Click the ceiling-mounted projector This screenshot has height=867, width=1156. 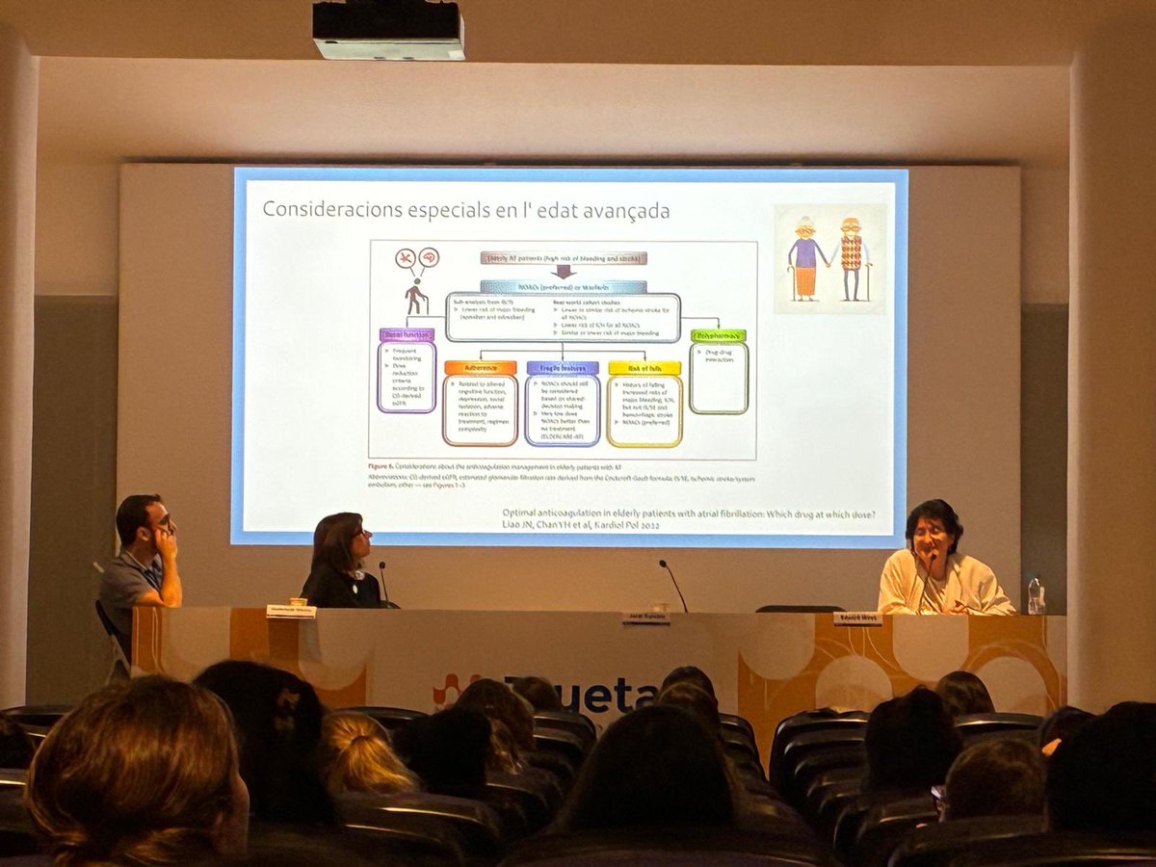388,30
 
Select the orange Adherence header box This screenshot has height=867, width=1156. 480,368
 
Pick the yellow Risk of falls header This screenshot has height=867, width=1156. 644,368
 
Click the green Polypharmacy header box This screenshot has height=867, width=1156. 718,336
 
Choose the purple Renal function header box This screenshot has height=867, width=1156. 406,335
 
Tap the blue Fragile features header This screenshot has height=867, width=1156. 563,368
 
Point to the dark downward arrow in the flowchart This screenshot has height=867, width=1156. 564,272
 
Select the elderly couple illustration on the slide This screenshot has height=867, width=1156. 829,258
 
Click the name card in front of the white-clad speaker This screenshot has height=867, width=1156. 857,618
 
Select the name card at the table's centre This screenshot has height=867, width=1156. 644,617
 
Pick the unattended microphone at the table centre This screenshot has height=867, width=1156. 673,584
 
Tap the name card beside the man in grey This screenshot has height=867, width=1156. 291,611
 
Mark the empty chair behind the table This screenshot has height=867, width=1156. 800,609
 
